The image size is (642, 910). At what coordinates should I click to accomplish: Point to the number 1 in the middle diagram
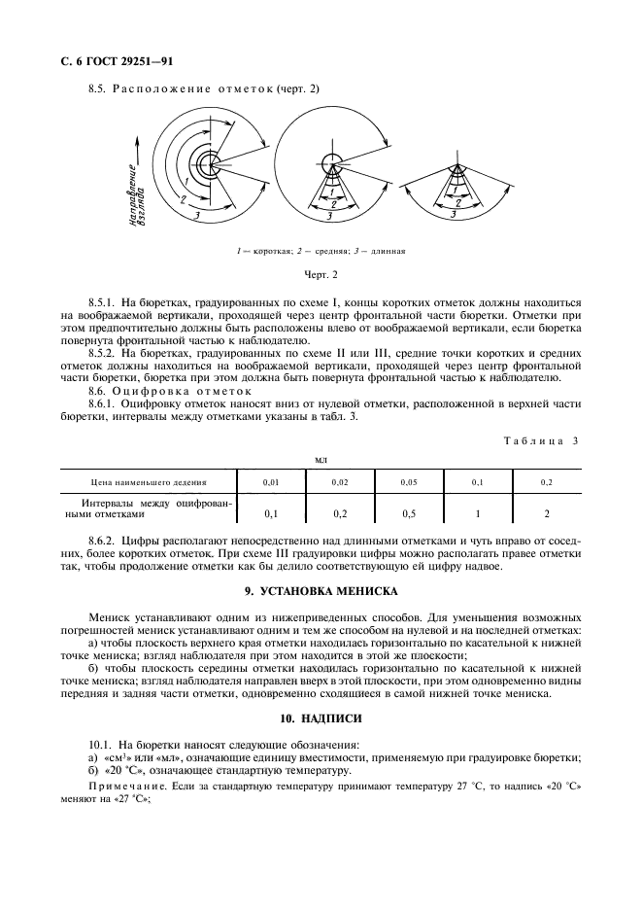332,191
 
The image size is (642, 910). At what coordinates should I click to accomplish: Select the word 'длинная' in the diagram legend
386,251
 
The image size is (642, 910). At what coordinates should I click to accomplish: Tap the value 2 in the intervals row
547,512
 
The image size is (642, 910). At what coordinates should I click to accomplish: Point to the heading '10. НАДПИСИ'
320,718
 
